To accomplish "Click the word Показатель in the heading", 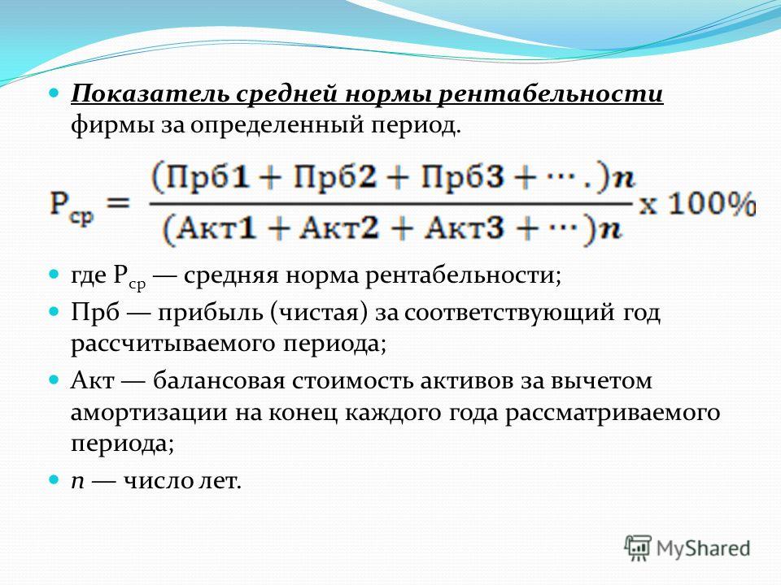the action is (151, 93).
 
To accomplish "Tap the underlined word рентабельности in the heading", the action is (551, 93).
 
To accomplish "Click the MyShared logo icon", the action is (638, 548).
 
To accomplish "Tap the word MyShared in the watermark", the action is (703, 548).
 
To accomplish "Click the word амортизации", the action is (150, 414).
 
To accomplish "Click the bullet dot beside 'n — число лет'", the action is (55, 480).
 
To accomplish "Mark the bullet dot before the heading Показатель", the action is (55, 93).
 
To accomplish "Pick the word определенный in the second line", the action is (277, 126).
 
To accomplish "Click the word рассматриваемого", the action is (613, 414).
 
